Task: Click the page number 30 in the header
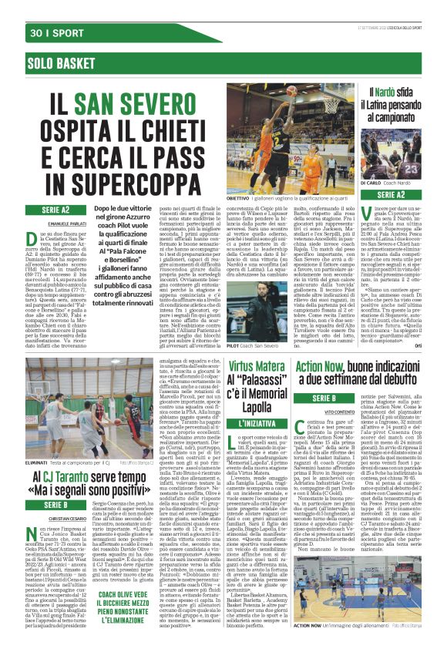point(35,33)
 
